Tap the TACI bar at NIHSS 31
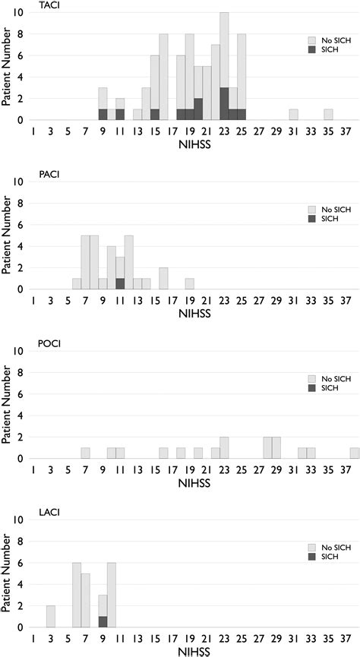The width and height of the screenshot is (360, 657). pyautogui.click(x=293, y=115)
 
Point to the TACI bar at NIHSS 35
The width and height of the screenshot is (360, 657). pyautogui.click(x=328, y=115)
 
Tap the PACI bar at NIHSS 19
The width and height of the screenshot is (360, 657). pyautogui.click(x=189, y=284)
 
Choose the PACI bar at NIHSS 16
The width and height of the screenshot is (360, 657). pyautogui.click(x=163, y=279)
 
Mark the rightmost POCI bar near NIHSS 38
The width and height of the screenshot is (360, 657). pyautogui.click(x=355, y=453)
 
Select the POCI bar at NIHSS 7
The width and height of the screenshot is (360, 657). pyautogui.click(x=85, y=453)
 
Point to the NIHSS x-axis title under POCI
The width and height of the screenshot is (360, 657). pyautogui.click(x=189, y=483)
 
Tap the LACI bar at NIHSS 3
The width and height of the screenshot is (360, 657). pyautogui.click(x=50, y=618)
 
